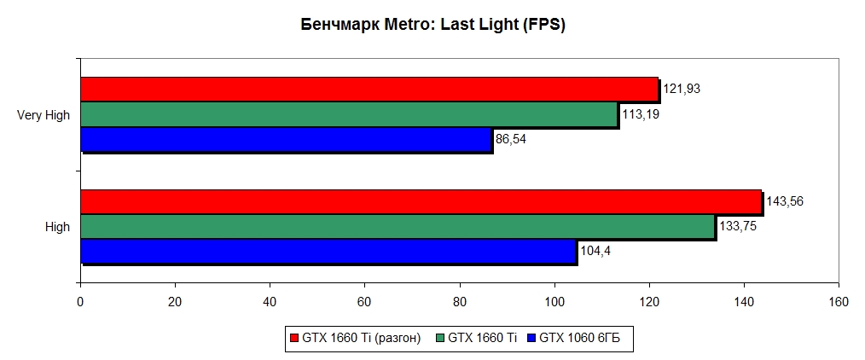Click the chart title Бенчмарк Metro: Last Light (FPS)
[433, 26]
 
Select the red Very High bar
[369, 90]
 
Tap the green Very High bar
[349, 114]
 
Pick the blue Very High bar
[286, 139]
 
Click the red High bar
[421, 201]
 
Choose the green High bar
[398, 226]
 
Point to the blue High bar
[328, 251]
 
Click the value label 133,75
[737, 226]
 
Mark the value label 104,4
[594, 251]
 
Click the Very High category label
[44, 115]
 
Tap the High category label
[57, 227]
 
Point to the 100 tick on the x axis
[554, 301]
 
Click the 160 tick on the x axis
[839, 301]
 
